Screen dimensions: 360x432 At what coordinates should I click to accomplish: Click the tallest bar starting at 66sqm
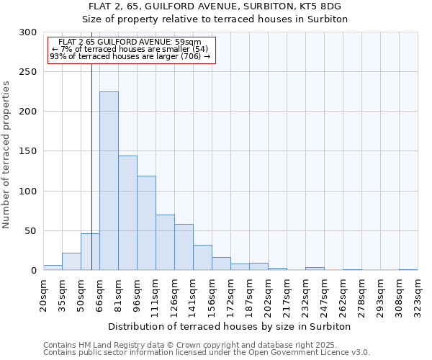[109, 181]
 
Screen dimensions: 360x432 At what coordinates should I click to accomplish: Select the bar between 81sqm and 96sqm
[127, 213]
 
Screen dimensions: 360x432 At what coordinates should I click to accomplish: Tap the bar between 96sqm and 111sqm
[146, 223]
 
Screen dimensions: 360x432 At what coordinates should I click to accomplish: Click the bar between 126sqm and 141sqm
[184, 247]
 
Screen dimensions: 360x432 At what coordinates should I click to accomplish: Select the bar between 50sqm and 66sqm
[90, 252]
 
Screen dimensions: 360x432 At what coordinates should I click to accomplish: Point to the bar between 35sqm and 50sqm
[71, 261]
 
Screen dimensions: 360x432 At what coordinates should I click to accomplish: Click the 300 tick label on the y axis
[28, 32]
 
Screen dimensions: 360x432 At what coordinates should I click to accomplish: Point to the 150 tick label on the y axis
[28, 151]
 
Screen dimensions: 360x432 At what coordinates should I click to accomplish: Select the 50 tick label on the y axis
[31, 231]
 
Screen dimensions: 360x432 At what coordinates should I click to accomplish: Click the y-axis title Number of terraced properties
[6, 155]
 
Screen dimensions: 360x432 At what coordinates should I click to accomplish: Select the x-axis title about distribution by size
[230, 326]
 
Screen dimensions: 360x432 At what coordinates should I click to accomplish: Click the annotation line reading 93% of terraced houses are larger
[130, 56]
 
